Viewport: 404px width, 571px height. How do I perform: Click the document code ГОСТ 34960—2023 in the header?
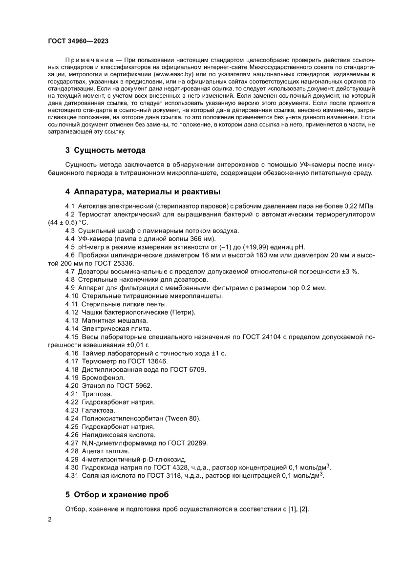tap(81, 42)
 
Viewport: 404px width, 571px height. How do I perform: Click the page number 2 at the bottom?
tap(50, 519)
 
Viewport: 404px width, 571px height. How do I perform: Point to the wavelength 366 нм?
tap(202, 238)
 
